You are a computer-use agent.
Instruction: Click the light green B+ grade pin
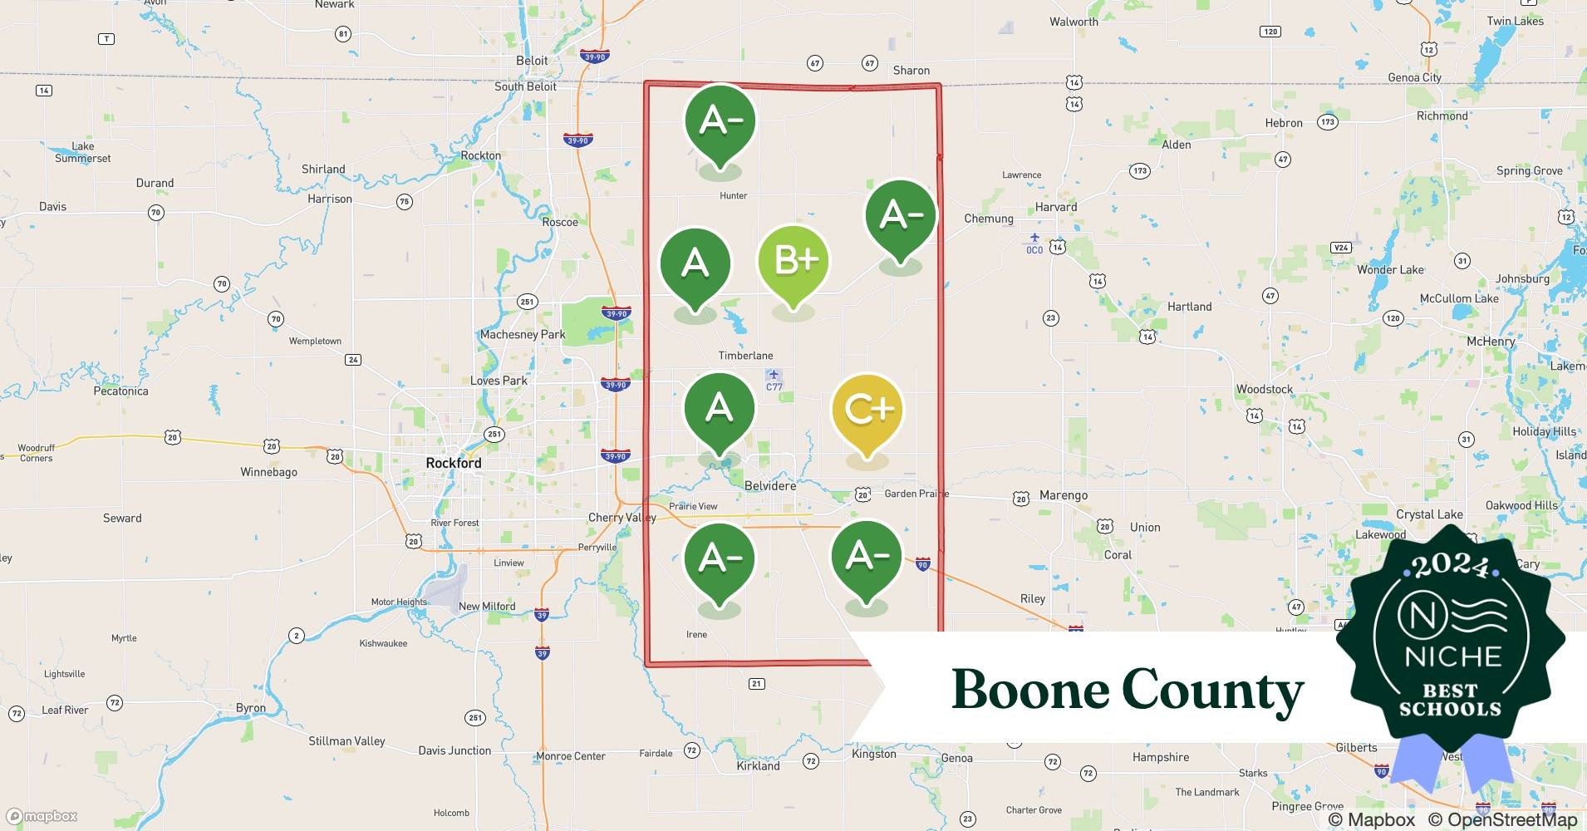point(793,261)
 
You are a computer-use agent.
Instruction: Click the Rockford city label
point(453,463)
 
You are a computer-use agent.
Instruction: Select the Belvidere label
point(769,485)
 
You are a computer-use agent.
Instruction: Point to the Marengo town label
point(1063,495)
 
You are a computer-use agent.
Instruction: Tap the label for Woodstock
point(1264,389)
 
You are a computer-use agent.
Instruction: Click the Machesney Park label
point(522,334)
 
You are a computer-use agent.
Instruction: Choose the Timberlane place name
point(745,356)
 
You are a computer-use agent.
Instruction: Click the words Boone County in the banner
point(1128,691)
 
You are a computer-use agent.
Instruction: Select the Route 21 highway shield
point(756,684)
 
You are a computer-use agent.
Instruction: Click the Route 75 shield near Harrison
point(404,202)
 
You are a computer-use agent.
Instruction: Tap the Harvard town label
point(1055,207)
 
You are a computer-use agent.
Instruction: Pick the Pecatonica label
point(120,391)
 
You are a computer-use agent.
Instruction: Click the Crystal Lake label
point(1429,514)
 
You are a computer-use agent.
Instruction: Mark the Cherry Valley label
point(622,518)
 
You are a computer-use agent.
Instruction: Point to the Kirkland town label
point(758,766)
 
